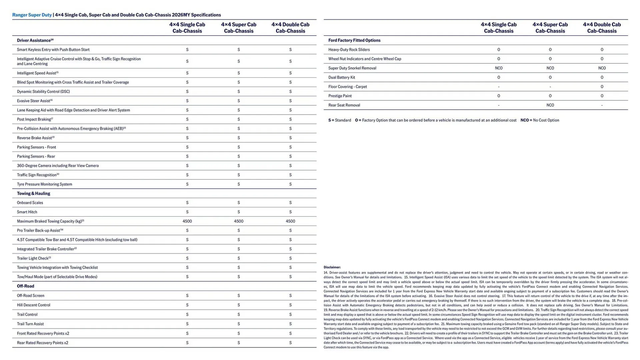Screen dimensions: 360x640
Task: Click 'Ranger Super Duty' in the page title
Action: (x=32, y=15)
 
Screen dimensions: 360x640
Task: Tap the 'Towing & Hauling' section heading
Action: (x=33, y=193)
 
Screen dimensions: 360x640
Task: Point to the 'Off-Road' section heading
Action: (x=25, y=286)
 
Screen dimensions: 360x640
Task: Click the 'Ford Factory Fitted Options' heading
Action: (x=354, y=40)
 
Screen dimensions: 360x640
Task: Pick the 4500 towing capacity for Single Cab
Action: (x=187, y=221)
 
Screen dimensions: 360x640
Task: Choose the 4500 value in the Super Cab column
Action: (x=238, y=221)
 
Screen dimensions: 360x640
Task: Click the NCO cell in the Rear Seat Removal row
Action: (x=550, y=105)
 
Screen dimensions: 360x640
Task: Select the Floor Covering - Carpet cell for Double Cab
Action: (x=602, y=87)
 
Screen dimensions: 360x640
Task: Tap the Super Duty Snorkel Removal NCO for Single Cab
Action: (x=498, y=68)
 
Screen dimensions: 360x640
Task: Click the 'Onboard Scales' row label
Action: (x=30, y=203)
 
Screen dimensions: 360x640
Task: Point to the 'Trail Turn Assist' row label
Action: (x=30, y=324)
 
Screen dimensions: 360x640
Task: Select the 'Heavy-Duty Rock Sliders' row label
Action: (x=349, y=50)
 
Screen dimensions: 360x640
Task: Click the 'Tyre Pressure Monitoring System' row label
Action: (x=44, y=184)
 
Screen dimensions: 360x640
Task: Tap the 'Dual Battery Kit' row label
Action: (x=341, y=77)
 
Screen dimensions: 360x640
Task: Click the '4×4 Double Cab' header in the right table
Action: (x=602, y=28)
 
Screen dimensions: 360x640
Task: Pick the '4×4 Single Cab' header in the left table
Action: (x=187, y=28)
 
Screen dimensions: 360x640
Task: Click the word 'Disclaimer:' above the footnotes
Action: (x=332, y=267)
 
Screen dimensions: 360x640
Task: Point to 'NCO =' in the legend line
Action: (x=526, y=120)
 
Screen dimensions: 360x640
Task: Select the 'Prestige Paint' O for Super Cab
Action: (x=550, y=96)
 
